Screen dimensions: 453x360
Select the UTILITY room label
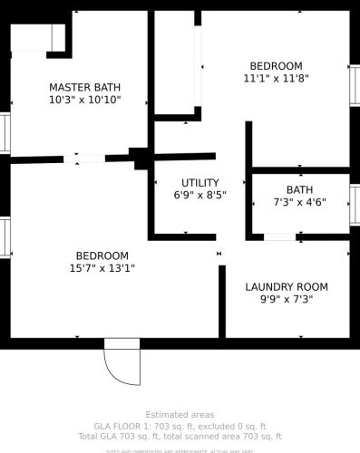click(199, 182)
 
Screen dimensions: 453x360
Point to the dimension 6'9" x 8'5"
click(199, 195)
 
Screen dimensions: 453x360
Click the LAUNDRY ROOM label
click(287, 287)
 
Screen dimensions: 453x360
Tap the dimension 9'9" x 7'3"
click(287, 300)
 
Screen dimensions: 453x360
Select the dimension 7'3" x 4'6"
click(299, 202)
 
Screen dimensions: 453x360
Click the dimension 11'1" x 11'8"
click(276, 79)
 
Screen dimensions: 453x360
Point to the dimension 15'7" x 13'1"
click(102, 268)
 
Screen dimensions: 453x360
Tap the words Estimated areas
click(180, 415)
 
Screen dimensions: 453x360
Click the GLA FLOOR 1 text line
click(180, 426)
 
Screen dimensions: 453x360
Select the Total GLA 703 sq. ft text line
click(180, 437)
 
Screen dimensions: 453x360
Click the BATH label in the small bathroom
click(299, 189)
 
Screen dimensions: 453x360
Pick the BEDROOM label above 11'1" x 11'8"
click(276, 66)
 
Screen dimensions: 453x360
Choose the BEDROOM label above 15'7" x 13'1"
click(102, 255)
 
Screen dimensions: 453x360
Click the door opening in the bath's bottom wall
click(279, 237)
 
